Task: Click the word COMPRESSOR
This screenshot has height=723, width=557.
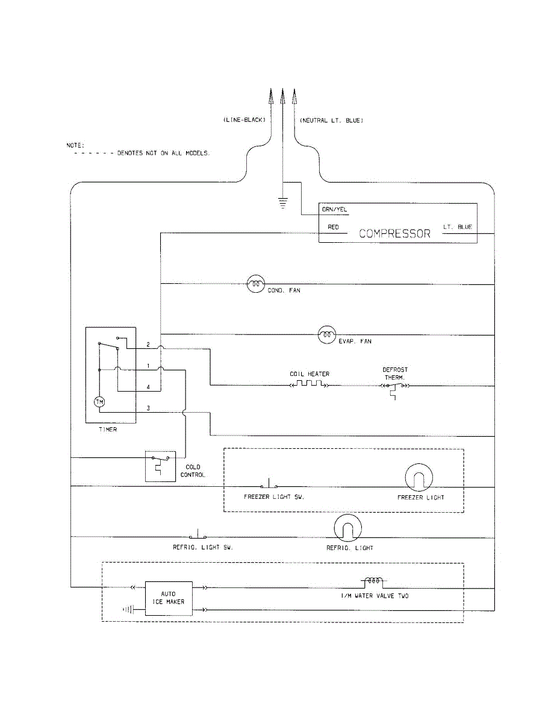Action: [394, 234]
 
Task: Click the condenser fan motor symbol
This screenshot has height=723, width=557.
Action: [256, 284]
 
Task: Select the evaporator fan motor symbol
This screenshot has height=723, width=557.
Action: [327, 335]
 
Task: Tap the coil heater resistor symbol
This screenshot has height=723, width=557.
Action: [310, 384]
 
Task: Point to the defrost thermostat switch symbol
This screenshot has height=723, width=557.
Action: [394, 389]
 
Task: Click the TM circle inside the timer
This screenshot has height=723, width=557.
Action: [99, 402]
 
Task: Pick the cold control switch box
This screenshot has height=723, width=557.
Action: [160, 466]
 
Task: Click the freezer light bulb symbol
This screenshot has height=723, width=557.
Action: [419, 477]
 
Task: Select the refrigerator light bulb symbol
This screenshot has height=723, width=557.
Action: [347, 528]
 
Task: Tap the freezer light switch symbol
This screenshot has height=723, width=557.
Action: [269, 483]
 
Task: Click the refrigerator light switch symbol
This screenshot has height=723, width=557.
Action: [198, 534]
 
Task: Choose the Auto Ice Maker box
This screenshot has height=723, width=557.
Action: [169, 598]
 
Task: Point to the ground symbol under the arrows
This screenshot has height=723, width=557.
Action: [282, 202]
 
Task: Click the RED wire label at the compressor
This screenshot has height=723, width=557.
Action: [333, 227]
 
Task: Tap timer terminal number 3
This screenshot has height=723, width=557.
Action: [148, 408]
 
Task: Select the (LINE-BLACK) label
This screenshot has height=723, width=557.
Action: [244, 120]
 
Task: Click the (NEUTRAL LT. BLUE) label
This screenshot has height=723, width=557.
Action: [332, 120]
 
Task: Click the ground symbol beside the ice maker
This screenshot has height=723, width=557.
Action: [128, 610]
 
